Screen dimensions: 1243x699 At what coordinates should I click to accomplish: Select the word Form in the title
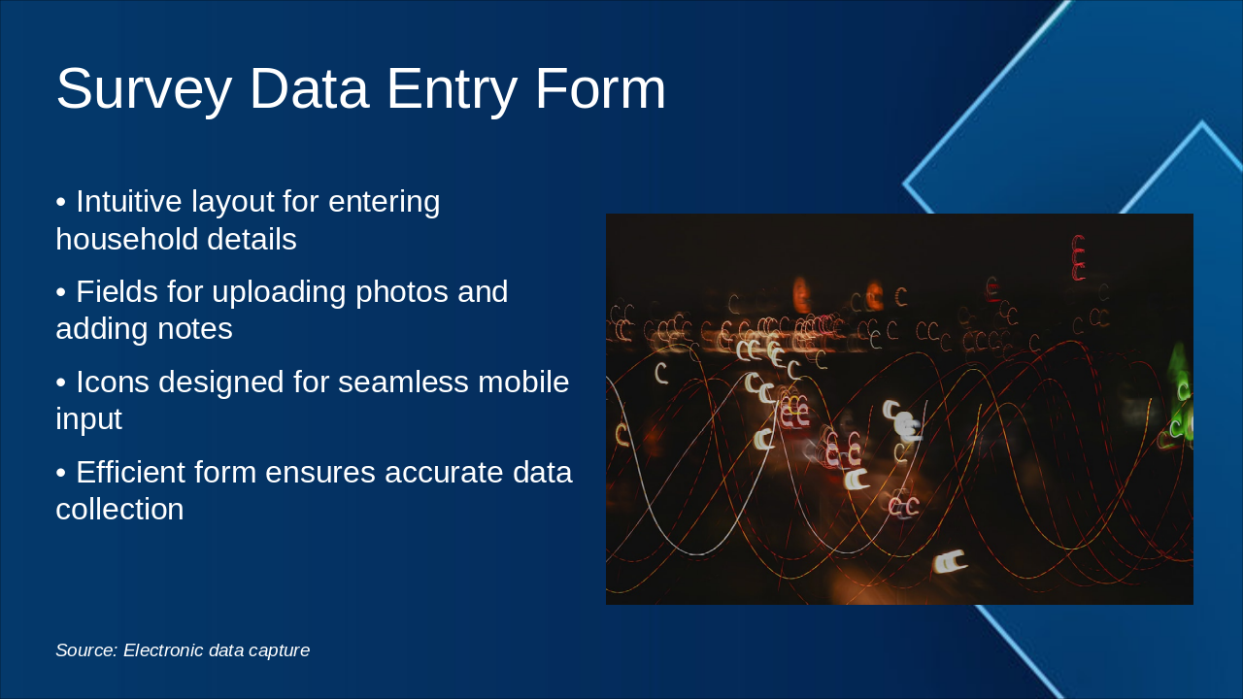(x=600, y=88)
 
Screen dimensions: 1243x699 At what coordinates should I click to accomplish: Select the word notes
(x=195, y=329)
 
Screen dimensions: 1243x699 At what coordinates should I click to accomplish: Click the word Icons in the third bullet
(x=113, y=382)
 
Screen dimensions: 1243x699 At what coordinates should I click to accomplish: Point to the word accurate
(x=444, y=473)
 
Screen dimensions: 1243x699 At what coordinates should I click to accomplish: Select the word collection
(x=119, y=509)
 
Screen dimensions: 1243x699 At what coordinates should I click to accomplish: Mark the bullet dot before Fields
(x=61, y=292)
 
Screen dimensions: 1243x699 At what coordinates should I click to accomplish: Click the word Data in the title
(x=310, y=88)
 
